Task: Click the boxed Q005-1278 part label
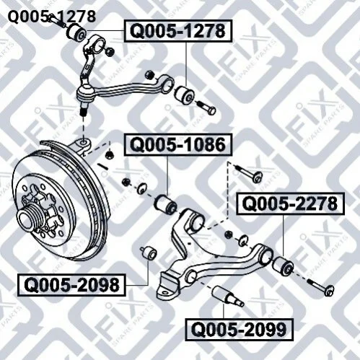pyautogui.click(x=178, y=31)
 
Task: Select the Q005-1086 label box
pyautogui.click(x=178, y=145)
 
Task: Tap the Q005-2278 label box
pyautogui.click(x=290, y=203)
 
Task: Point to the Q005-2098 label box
pyautogui.click(x=72, y=285)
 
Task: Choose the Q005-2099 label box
pyautogui.click(x=239, y=330)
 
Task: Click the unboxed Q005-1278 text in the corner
pyautogui.click(x=52, y=17)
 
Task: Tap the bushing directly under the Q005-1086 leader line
pyautogui.click(x=165, y=205)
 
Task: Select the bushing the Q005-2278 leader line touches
pyautogui.click(x=283, y=266)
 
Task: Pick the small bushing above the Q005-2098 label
pyautogui.click(x=149, y=253)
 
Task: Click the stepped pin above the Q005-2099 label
pyautogui.click(x=227, y=297)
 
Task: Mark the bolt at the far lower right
pyautogui.click(x=320, y=286)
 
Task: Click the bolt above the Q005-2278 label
pyautogui.click(x=247, y=172)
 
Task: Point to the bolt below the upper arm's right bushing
pyautogui.click(x=206, y=107)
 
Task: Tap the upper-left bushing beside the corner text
pyautogui.click(x=76, y=33)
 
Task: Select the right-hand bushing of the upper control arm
pyautogui.click(x=184, y=95)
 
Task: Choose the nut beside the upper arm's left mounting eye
pyautogui.click(x=110, y=52)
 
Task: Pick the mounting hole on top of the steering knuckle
pyautogui.click(x=84, y=142)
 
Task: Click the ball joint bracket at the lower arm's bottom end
pyautogui.click(x=168, y=286)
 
